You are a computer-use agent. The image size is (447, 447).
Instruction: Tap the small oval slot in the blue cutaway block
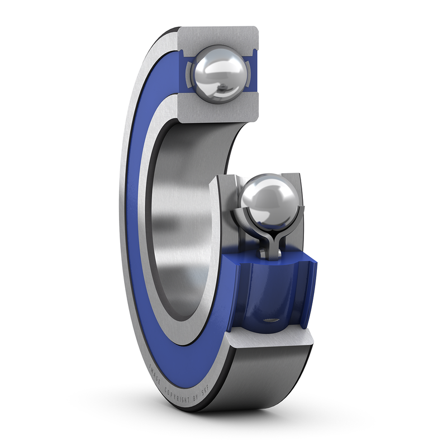[271, 320]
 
